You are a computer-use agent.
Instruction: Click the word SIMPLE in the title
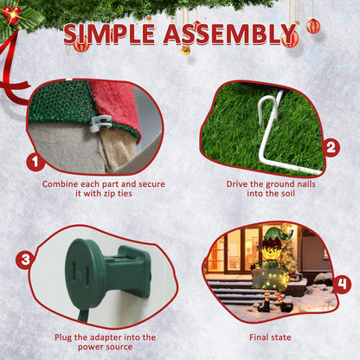[109, 35]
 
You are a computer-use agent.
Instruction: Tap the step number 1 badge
[35, 162]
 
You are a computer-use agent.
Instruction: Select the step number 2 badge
[331, 147]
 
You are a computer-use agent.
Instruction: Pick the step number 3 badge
[25, 260]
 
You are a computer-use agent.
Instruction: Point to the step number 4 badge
[342, 284]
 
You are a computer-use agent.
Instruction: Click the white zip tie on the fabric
[100, 123]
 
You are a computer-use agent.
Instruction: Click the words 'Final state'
[270, 337]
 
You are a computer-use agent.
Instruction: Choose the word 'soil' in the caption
[286, 193]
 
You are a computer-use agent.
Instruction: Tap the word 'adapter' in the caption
[108, 337]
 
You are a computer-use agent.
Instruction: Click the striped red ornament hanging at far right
[313, 26]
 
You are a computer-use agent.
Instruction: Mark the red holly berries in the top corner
[12, 15]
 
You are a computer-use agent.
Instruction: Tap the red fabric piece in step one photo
[115, 106]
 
